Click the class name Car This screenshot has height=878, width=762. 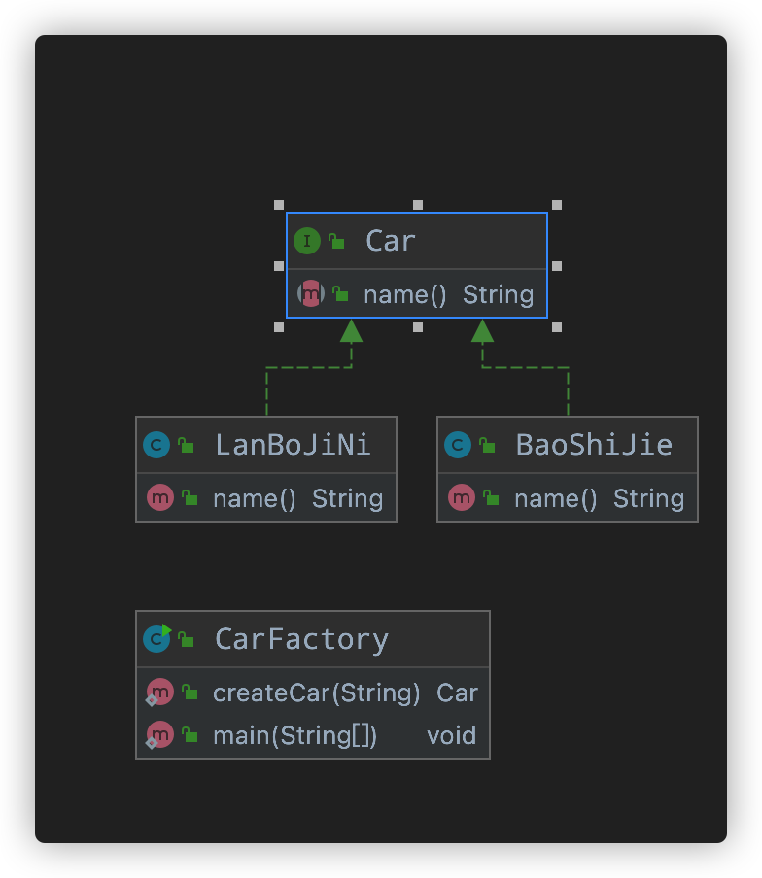(391, 241)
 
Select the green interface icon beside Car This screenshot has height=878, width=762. (307, 241)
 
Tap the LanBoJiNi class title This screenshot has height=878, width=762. (293, 445)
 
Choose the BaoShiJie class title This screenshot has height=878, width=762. (594, 445)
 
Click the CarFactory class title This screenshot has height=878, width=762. (301, 639)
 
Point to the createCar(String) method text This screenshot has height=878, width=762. (317, 692)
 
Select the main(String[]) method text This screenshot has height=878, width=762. (294, 735)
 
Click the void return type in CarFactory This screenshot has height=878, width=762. (452, 735)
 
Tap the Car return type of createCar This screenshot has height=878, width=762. (457, 692)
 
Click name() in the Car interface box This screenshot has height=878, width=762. (405, 295)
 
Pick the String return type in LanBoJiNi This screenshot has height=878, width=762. (347, 499)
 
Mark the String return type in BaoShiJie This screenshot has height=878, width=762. (648, 499)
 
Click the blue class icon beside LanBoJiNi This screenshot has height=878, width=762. (156, 445)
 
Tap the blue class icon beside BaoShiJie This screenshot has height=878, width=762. (458, 445)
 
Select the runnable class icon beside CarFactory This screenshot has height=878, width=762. (156, 638)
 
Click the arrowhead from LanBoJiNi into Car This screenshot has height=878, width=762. (351, 331)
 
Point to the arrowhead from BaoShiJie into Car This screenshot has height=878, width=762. (482, 331)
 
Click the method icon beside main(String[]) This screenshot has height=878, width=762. (159, 735)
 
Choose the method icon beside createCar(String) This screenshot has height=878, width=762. (159, 692)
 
